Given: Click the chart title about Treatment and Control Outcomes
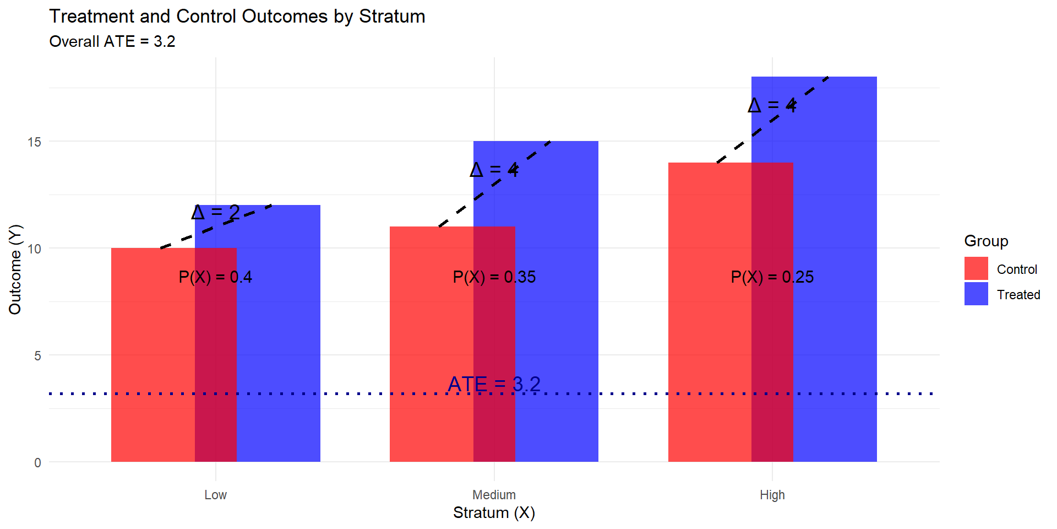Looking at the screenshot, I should click(x=237, y=17).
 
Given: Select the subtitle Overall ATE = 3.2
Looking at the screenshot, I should click(x=112, y=42).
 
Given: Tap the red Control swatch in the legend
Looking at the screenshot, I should click(x=976, y=269).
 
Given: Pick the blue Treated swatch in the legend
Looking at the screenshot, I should click(x=976, y=294).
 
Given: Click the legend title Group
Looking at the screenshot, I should click(x=986, y=241).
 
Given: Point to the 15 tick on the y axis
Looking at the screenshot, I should click(x=34, y=142).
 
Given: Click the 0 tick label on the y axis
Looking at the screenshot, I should click(x=37, y=463).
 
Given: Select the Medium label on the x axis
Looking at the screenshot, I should click(x=494, y=495).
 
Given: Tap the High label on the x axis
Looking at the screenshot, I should click(x=772, y=495).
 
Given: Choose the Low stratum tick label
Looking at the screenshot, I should click(x=215, y=495).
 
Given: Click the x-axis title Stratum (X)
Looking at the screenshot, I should click(x=494, y=513).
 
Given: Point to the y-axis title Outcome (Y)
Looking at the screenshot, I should click(x=15, y=269).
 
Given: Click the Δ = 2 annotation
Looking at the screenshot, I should click(x=216, y=212).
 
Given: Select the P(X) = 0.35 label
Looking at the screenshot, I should click(x=494, y=277).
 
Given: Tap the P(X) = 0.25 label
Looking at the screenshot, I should click(x=772, y=277).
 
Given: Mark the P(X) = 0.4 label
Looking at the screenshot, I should click(x=215, y=277).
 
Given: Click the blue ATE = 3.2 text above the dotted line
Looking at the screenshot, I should click(x=494, y=384).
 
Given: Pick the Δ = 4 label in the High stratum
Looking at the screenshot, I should click(x=772, y=105).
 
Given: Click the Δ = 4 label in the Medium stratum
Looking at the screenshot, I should click(x=494, y=170).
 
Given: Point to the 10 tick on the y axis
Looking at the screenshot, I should click(x=34, y=249).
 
